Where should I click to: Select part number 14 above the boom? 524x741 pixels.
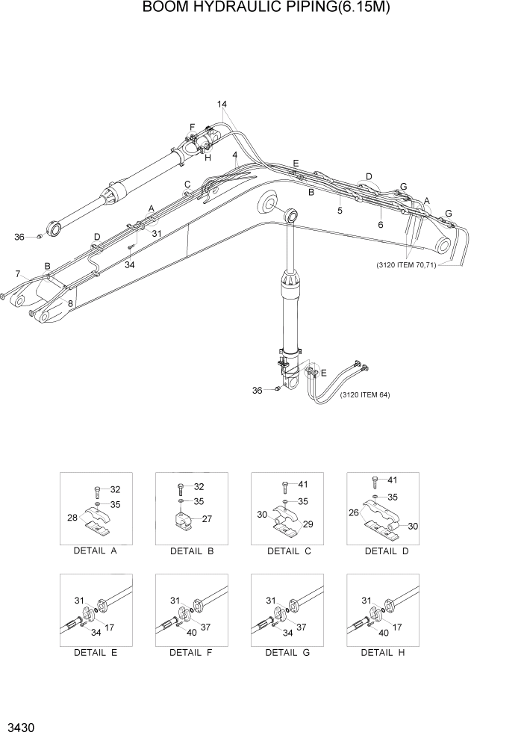pyautogui.click(x=222, y=104)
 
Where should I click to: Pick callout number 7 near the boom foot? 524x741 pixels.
pyautogui.click(x=18, y=274)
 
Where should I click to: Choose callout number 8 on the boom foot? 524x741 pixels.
pyautogui.click(x=70, y=303)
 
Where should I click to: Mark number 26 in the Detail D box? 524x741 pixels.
pyautogui.click(x=354, y=512)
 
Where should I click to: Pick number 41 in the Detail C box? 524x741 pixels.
pyautogui.click(x=302, y=484)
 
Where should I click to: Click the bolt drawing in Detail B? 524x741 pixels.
pyautogui.click(x=180, y=490)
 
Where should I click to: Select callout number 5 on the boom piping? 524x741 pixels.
pyautogui.click(x=340, y=211)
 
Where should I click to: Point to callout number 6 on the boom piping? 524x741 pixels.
pyautogui.click(x=380, y=224)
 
